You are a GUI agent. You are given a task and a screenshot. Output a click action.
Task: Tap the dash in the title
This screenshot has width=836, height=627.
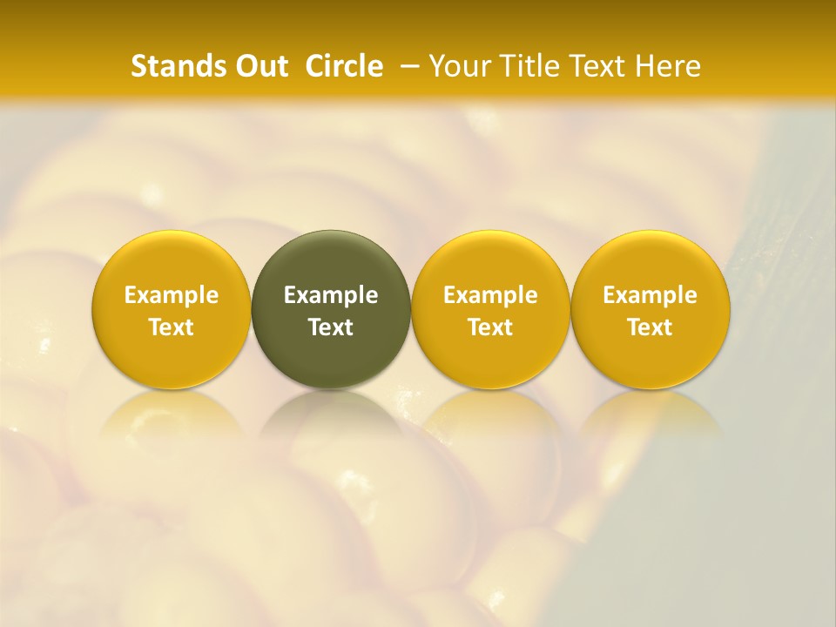click(406, 66)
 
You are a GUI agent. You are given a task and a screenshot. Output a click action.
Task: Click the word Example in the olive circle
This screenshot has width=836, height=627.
click(331, 295)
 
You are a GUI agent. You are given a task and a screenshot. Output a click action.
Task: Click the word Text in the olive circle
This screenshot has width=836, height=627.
click(331, 327)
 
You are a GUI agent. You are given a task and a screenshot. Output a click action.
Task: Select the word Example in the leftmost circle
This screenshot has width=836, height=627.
click(172, 295)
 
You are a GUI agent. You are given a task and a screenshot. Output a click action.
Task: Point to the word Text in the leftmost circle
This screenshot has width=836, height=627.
click(172, 327)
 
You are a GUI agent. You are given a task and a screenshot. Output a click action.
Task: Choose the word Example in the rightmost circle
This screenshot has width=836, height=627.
click(651, 295)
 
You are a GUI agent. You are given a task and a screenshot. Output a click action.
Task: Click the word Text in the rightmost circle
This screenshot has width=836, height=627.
click(651, 327)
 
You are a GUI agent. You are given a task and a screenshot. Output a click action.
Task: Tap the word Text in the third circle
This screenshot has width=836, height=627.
click(490, 327)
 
